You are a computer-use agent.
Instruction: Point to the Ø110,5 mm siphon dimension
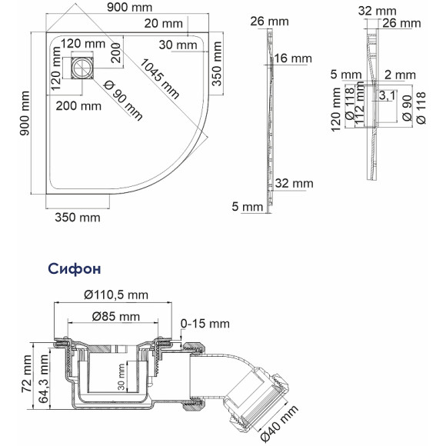click(115, 295)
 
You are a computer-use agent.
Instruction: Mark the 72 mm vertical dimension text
click(27, 378)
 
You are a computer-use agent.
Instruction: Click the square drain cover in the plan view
click(81, 69)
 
